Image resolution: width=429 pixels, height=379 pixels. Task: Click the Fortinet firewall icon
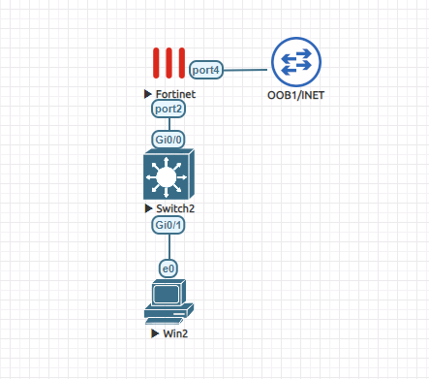point(169,65)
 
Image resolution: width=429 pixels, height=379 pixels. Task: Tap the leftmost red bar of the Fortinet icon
point(156,65)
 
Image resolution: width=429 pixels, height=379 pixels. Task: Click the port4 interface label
point(207,70)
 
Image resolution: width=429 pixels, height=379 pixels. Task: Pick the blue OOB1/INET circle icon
point(294,62)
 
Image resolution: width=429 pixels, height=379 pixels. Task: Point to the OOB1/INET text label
point(294,95)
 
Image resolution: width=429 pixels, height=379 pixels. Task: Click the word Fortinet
point(175,95)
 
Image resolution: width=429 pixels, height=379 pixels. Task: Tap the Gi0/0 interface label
point(169,139)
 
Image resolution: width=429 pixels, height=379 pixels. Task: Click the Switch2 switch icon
point(169,176)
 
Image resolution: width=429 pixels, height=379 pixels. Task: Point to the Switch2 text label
point(174,209)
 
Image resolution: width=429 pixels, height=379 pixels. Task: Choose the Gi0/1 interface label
point(169,225)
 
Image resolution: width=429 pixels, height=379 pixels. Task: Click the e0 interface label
point(169,267)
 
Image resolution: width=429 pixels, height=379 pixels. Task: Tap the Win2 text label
point(175,333)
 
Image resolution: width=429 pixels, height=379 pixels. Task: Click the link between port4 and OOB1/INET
point(247,70)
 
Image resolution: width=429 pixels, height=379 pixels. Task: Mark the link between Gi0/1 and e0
point(169,246)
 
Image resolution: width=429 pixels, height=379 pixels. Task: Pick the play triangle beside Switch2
point(148,209)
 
